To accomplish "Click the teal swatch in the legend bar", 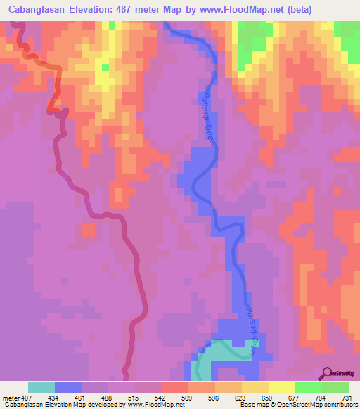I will click(x=41, y=387).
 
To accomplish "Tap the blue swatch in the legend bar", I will click(x=68, y=387).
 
